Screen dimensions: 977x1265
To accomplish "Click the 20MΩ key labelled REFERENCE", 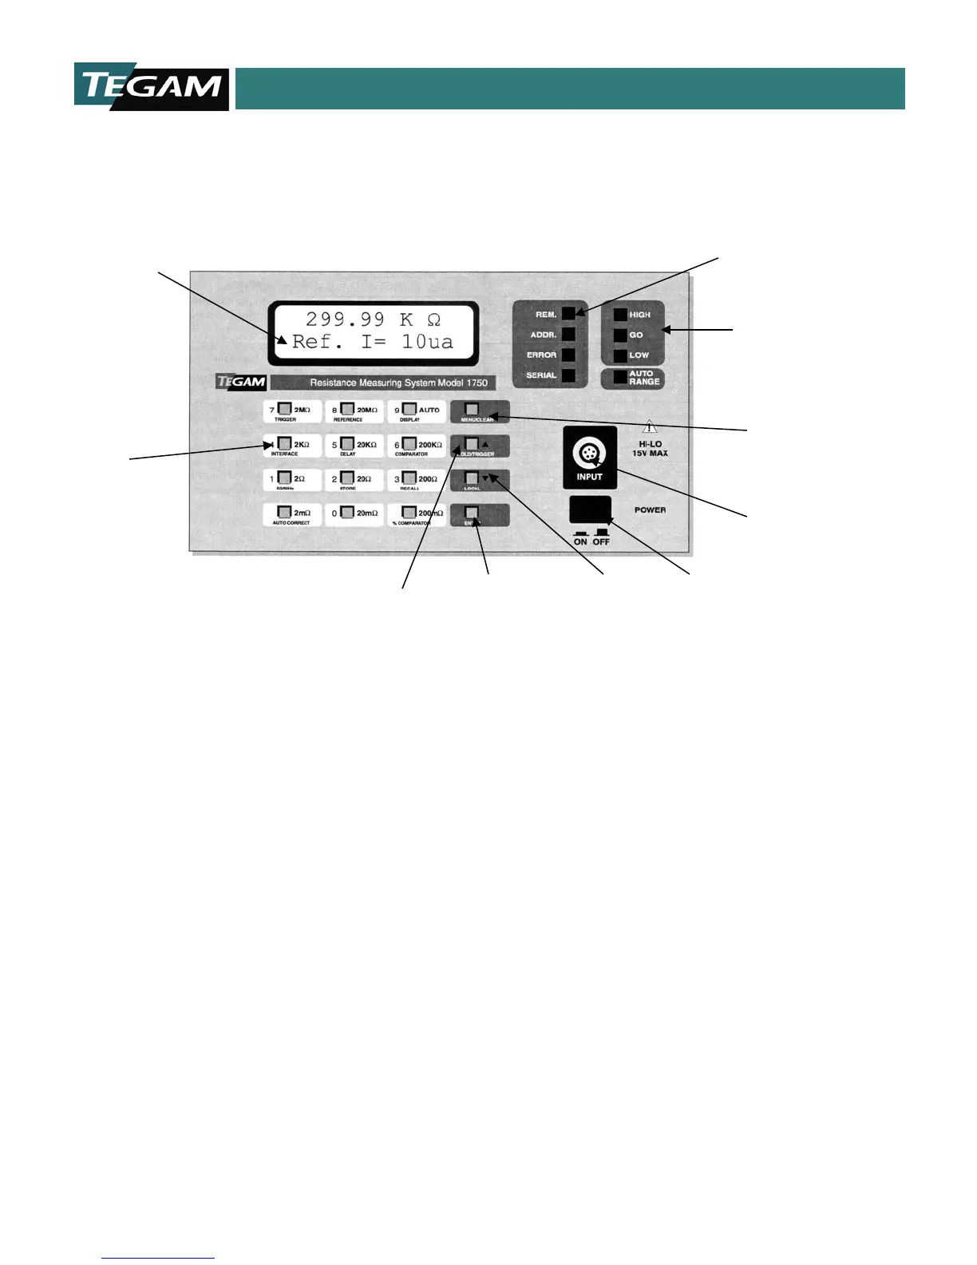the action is tap(354, 411).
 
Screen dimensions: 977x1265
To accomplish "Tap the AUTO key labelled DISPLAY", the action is tap(417, 411).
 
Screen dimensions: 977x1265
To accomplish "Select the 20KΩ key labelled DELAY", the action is tap(354, 446).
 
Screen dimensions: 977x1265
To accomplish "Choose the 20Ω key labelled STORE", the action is tap(354, 480).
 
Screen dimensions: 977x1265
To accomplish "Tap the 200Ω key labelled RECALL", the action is tap(417, 480).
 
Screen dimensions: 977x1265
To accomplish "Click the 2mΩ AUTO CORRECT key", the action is tap(292, 514).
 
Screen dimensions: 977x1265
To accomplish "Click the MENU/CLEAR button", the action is tap(479, 411).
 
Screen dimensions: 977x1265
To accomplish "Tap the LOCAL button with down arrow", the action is tap(479, 480).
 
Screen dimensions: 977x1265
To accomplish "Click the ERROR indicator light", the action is tap(568, 355).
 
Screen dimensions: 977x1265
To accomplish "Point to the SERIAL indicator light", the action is tap(568, 375).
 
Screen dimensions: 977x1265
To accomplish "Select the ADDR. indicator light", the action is tap(568, 335).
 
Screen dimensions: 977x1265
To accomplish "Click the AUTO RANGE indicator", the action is tap(619, 378).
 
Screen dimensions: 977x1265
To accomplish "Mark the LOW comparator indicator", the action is tap(619, 355).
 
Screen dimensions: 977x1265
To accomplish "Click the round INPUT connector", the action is tap(590, 454).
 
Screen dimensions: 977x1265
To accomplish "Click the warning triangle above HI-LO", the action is tap(651, 426).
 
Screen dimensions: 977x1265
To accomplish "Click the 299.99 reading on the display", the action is tap(345, 319).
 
